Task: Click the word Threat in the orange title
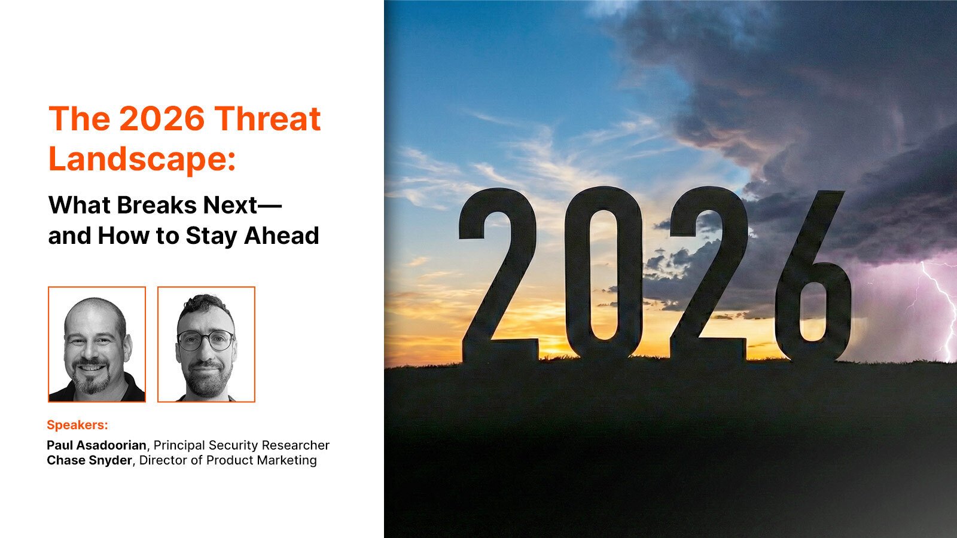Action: pos(267,118)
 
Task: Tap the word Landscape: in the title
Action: pos(142,159)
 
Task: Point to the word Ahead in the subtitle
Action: pos(281,236)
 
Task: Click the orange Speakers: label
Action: pos(77,425)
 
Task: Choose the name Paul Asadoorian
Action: pos(96,445)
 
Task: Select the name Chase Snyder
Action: pos(89,460)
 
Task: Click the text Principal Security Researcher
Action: pos(242,445)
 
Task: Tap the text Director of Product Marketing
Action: pos(228,460)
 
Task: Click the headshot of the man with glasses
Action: pos(206,344)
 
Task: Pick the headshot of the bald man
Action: pos(97,344)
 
